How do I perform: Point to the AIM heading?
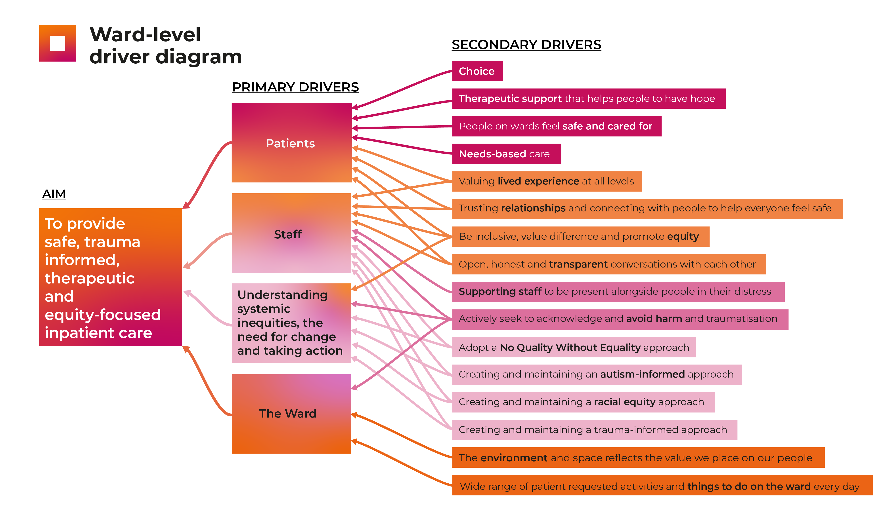coord(54,194)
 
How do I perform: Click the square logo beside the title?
coord(57,43)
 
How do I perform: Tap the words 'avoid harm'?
coord(654,319)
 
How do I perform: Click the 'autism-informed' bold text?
coord(642,374)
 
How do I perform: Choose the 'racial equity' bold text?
coord(624,402)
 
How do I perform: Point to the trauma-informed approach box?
coord(594,430)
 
